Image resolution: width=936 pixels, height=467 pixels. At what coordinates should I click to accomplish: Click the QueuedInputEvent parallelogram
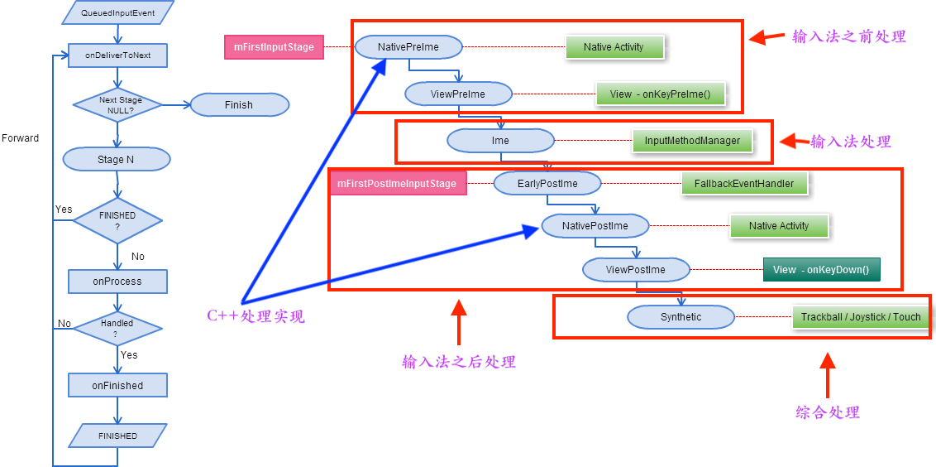[117, 12]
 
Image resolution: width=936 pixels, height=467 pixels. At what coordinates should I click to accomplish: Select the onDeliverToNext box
[117, 55]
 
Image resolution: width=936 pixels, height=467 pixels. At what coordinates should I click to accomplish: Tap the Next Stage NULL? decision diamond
[119, 104]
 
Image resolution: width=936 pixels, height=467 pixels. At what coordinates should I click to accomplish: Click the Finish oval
[239, 105]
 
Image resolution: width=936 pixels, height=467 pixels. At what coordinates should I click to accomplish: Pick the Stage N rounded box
[116, 159]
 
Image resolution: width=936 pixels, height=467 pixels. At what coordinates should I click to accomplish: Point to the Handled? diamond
[117, 328]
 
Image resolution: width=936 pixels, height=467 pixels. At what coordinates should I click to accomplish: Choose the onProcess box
[117, 282]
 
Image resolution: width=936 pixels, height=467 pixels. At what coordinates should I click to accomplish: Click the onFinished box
[117, 385]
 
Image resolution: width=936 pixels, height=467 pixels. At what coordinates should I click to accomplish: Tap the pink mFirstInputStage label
[274, 47]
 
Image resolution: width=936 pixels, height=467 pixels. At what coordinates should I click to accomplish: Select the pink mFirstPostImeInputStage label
[398, 183]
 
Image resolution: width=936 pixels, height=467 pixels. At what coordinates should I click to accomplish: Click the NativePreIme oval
[408, 47]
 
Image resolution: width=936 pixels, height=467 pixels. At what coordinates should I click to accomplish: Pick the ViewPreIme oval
[458, 94]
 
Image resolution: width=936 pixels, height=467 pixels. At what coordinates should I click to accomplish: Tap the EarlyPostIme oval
[547, 183]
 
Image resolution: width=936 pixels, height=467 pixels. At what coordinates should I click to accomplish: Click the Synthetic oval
[681, 317]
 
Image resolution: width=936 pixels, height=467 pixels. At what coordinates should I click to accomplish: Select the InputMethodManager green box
[692, 141]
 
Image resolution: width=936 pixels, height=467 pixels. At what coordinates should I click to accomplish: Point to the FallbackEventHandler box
[744, 183]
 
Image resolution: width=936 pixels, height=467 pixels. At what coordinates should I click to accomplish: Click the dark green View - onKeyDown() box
[821, 270]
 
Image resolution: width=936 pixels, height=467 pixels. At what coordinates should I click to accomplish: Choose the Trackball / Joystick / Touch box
[860, 317]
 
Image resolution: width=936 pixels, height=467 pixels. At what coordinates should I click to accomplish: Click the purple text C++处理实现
[255, 316]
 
